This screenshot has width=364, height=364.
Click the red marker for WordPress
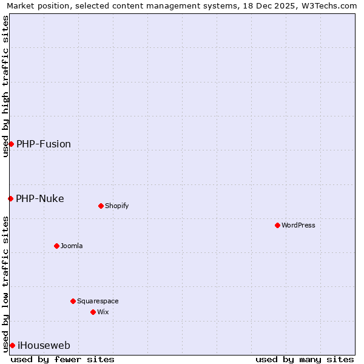point(277,225)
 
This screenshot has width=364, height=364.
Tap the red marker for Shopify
point(101,206)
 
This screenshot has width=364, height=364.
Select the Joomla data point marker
point(56,246)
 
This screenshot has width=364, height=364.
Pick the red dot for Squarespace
point(73,301)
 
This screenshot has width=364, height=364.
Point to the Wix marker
point(93,312)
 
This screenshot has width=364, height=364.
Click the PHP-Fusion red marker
point(11,144)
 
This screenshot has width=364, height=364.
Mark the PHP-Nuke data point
point(10,198)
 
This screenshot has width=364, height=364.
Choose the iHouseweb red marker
point(12,345)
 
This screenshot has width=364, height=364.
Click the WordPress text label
point(298,225)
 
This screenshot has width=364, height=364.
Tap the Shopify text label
point(117,206)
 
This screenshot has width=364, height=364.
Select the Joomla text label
point(72,246)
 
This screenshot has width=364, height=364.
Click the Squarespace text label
point(98,301)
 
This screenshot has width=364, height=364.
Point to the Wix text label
point(103,312)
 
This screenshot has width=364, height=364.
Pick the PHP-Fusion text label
point(44,144)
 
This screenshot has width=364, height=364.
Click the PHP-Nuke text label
point(40,198)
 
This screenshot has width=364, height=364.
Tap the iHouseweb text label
point(44,345)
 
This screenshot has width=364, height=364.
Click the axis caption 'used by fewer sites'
point(62,359)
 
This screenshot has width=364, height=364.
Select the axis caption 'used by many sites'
point(305,359)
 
